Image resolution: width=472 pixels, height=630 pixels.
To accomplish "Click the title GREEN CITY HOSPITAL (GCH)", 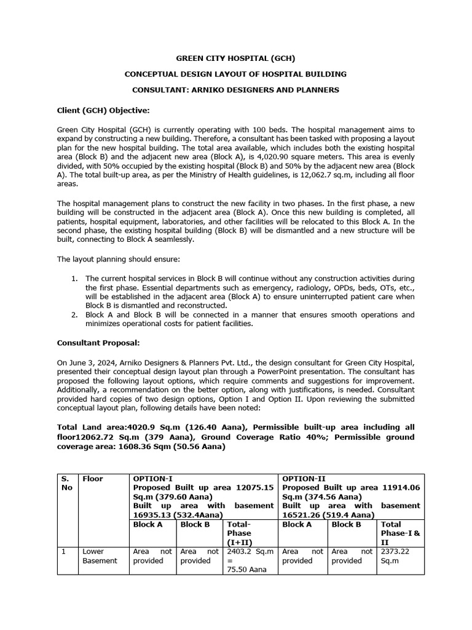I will coord(236,58).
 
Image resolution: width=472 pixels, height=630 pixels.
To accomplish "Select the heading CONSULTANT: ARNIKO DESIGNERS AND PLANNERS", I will coord(236,90).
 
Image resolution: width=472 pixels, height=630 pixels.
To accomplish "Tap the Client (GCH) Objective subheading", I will coord(103,110).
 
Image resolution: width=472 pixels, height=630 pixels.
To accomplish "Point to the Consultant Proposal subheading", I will coord(98,342).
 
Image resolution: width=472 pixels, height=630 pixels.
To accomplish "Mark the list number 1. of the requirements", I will coord(74,279).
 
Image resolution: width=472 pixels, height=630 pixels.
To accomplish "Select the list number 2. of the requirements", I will coord(74,314).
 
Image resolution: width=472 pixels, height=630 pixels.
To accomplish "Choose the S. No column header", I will coord(67,482).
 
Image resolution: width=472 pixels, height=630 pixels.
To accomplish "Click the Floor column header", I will coord(93,478).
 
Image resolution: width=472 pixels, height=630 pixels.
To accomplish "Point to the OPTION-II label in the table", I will coord(302,478).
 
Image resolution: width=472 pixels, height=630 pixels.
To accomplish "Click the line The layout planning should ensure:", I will coord(119,259).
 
